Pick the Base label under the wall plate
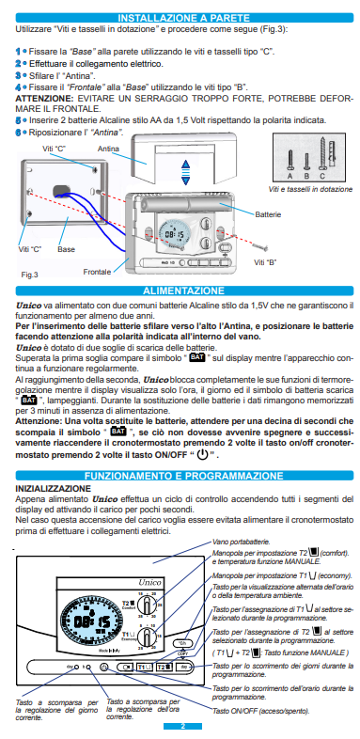point(66,249)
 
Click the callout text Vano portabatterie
point(240,542)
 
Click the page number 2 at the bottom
point(184,727)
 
